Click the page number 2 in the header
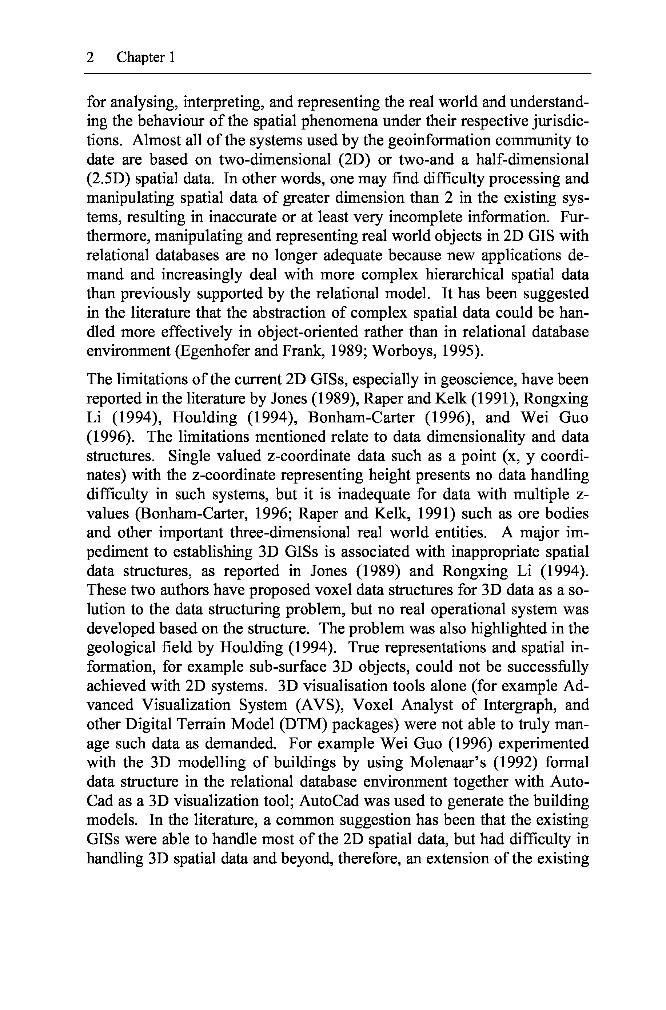[x=90, y=57]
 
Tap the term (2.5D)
[x=108, y=178]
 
